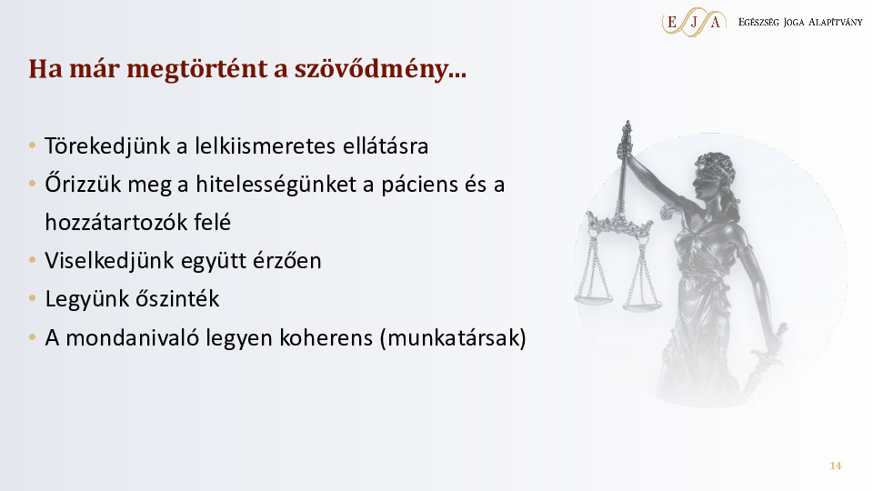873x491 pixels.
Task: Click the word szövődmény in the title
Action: [380, 69]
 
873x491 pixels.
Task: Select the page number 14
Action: [835, 466]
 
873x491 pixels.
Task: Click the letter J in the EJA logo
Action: [693, 22]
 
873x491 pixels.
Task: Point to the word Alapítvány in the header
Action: [835, 22]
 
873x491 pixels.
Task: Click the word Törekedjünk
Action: [107, 146]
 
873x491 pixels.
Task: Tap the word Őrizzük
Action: [83, 184]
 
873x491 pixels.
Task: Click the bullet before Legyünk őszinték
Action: [33, 299]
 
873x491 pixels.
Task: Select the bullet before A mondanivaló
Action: [33, 337]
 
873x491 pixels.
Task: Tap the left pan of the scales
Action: [593, 299]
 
